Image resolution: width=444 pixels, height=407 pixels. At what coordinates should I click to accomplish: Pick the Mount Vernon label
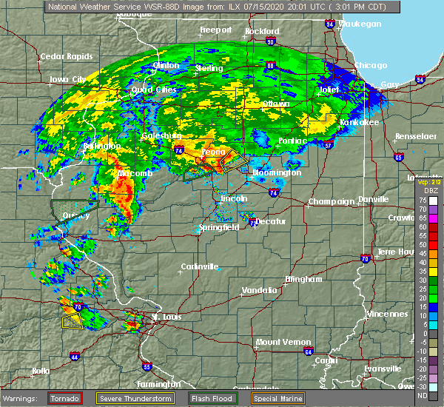click(280, 342)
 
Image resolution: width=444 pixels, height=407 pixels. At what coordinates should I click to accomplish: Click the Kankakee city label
click(359, 122)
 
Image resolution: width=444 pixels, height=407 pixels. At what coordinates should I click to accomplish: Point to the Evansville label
click(382, 368)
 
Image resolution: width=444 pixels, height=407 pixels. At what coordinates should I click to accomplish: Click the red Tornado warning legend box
click(65, 399)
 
